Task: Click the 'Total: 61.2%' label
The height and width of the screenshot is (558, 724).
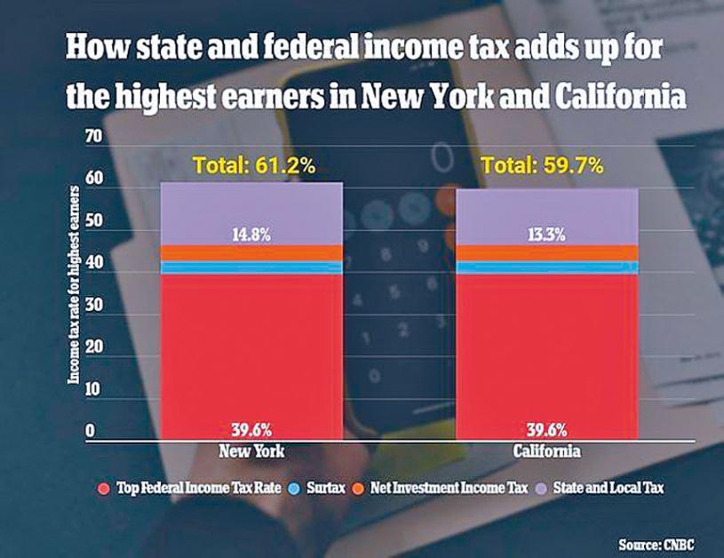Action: click(251, 164)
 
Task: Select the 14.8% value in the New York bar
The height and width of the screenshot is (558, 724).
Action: click(252, 235)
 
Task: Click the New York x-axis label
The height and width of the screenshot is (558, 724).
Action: click(252, 452)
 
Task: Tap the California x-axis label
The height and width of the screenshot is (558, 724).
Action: click(547, 452)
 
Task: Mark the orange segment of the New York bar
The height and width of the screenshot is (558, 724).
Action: click(252, 253)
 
